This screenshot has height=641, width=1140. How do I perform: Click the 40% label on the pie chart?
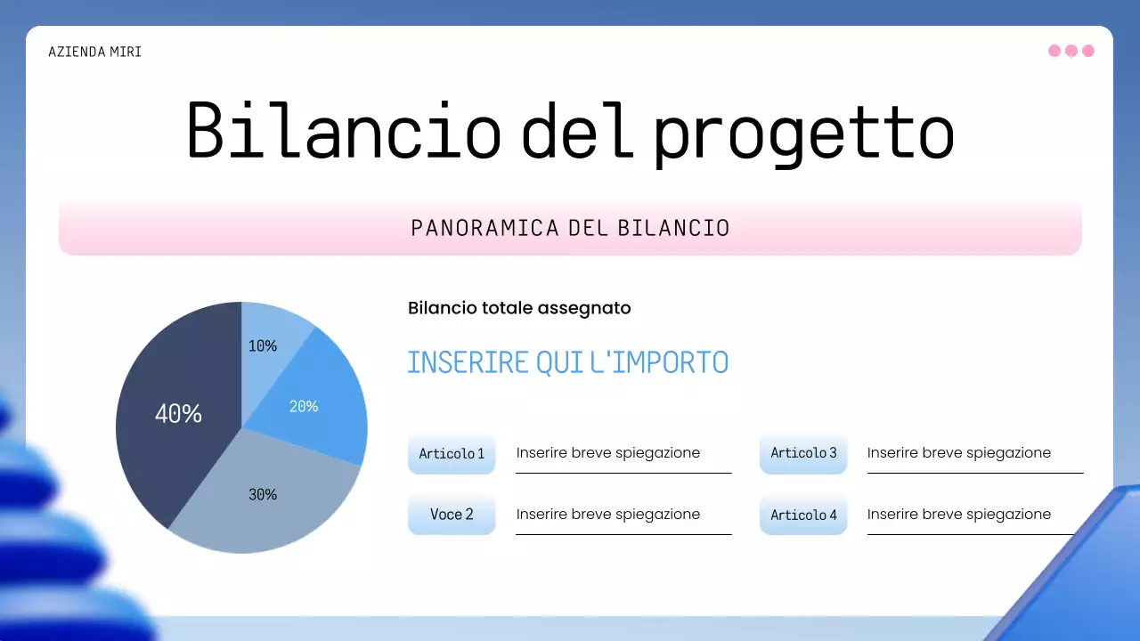click(x=178, y=414)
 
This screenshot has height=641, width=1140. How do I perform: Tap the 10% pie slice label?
click(x=263, y=346)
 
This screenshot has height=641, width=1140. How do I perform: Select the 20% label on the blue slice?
click(x=304, y=407)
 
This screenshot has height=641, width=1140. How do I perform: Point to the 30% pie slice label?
click(x=263, y=494)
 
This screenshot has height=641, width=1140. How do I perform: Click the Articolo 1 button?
click(x=452, y=453)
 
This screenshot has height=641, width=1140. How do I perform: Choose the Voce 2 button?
click(x=452, y=515)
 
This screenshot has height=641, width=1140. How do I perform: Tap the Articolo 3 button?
click(x=803, y=453)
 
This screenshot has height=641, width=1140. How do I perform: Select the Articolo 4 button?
click(x=803, y=515)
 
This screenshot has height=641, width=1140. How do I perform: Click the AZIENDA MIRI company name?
click(x=94, y=52)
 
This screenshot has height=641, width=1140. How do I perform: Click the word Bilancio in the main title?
click(x=345, y=131)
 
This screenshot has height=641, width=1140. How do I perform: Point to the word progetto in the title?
click(x=804, y=134)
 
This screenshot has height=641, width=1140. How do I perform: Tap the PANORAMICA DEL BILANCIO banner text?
click(x=570, y=228)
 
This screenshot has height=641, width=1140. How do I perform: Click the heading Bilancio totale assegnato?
click(x=519, y=308)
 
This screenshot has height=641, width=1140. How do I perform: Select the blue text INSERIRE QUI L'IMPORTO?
click(x=568, y=362)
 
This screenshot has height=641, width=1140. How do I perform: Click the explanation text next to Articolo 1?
click(x=608, y=453)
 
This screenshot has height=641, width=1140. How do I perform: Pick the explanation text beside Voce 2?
click(x=608, y=515)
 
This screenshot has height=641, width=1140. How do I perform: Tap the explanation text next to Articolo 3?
click(x=959, y=453)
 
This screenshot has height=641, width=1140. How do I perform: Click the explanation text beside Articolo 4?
click(x=959, y=515)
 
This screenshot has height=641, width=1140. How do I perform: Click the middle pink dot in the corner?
click(x=1071, y=51)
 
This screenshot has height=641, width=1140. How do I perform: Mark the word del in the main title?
click(x=578, y=130)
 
